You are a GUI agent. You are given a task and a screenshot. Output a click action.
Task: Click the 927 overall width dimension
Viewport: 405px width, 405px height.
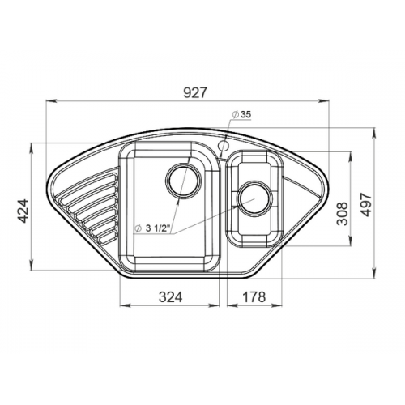tap(194, 92)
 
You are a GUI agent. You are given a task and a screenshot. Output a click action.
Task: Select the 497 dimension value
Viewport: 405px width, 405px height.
tap(366, 204)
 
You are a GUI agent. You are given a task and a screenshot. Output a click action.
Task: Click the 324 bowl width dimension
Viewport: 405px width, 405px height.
tap(170, 297)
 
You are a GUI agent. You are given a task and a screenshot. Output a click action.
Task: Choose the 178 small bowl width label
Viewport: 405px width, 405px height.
tap(254, 297)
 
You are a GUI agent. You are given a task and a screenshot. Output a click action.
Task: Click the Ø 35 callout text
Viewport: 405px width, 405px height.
tap(241, 114)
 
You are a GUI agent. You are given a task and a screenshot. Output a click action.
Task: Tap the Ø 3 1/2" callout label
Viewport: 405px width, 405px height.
tap(152, 228)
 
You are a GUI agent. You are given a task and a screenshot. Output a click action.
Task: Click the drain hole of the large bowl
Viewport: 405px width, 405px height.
tap(183, 181)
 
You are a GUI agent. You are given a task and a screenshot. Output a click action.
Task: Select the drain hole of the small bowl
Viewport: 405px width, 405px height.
tap(255, 198)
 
